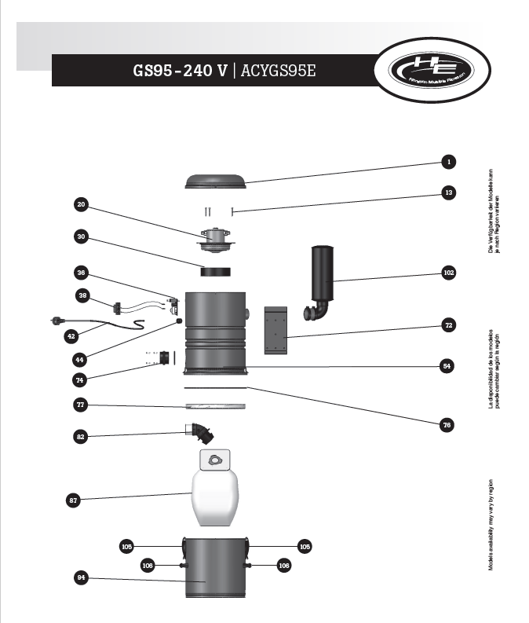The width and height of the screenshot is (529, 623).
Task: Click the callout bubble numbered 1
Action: [447, 163]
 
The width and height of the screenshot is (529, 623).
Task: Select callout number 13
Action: [447, 192]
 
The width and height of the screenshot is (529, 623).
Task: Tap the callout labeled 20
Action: [81, 206]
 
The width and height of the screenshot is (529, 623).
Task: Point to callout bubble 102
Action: [447, 273]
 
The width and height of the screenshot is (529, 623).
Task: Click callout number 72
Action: [447, 324]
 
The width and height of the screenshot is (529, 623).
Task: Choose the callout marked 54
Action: [447, 366]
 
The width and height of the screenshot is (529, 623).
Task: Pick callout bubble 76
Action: [447, 425]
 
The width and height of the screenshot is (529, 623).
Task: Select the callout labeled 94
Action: [81, 578]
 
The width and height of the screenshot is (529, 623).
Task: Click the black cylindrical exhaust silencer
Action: [324, 275]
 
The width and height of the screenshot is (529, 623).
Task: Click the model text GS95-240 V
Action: [181, 71]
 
